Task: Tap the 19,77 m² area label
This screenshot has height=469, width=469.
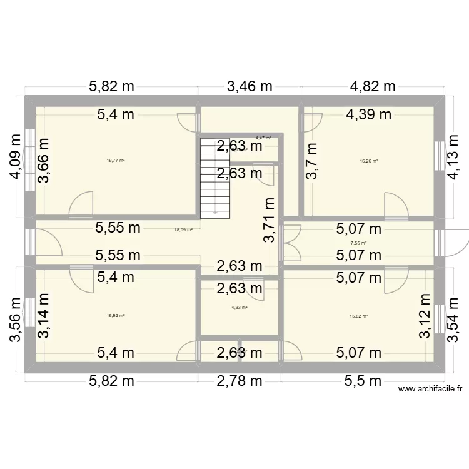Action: click(116, 161)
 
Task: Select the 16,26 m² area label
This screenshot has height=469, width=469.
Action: click(369, 161)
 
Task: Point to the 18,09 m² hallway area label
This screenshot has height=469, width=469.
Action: click(183, 229)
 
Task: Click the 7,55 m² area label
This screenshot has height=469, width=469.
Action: click(358, 243)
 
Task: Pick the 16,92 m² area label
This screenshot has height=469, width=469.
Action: click(116, 316)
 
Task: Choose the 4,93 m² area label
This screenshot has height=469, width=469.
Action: click(240, 307)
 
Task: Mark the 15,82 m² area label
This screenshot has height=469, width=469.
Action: click(358, 316)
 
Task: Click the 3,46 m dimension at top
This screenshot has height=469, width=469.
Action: click(249, 87)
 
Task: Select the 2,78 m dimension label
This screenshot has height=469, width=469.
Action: click(239, 381)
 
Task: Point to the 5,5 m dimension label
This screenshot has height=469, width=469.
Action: click(363, 381)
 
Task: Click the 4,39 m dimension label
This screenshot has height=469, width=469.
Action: click(369, 114)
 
